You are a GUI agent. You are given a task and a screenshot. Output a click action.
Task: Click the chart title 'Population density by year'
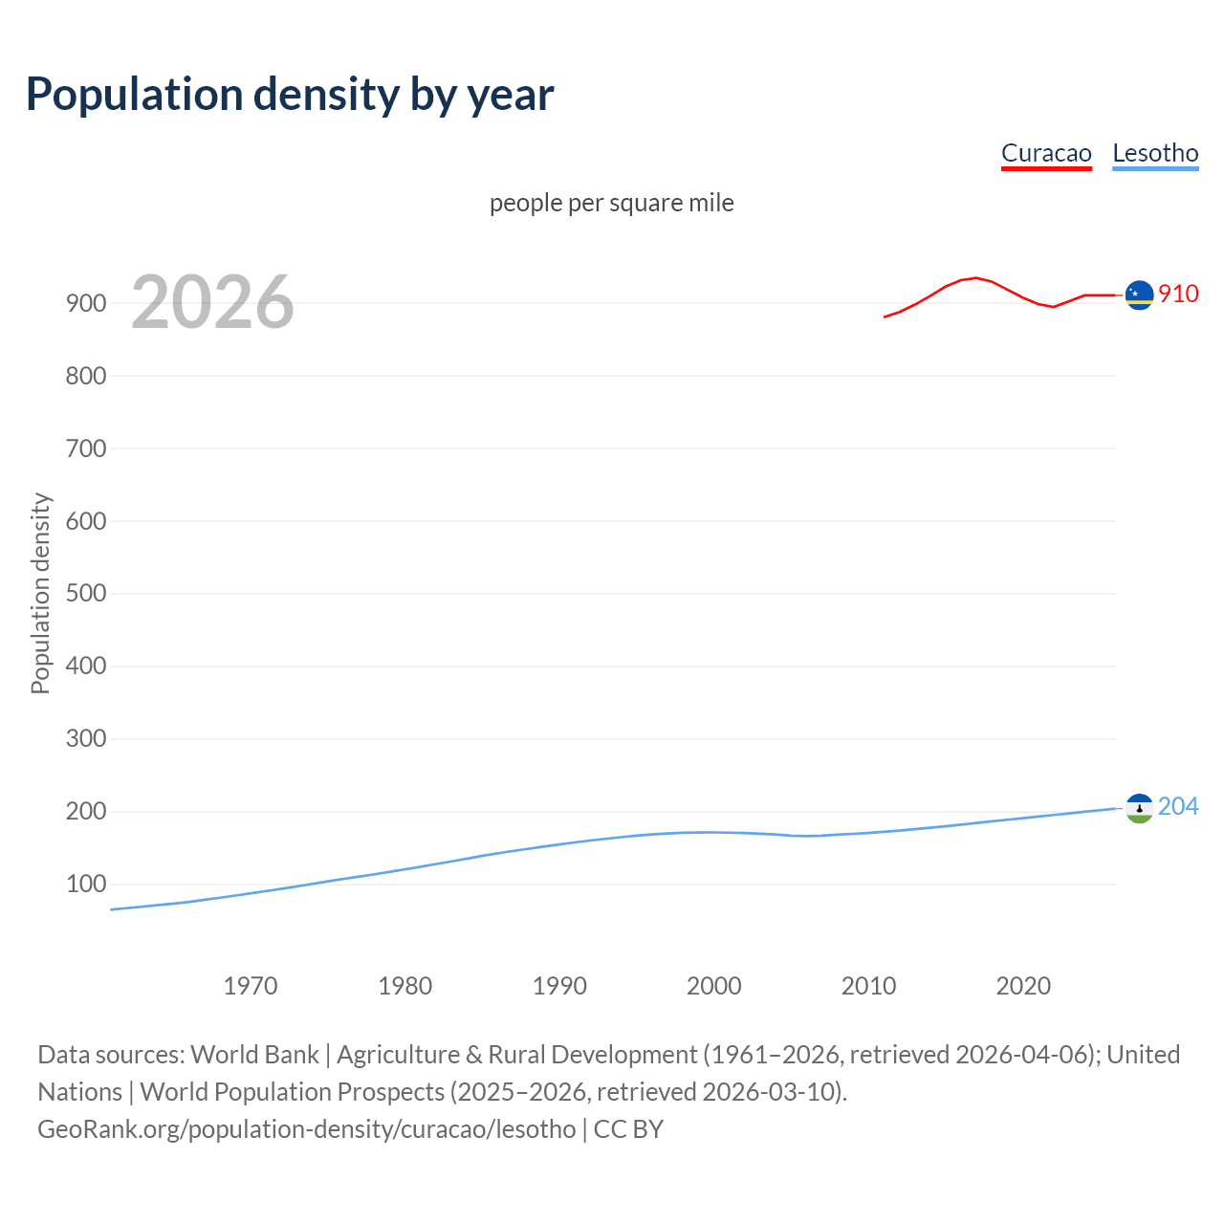pyautogui.click(x=290, y=95)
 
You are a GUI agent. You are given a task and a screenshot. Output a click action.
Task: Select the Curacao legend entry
pyautogui.click(x=1046, y=154)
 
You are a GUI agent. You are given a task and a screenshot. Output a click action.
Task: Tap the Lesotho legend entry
pyautogui.click(x=1155, y=154)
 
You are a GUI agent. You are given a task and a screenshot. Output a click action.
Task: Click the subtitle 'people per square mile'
pyautogui.click(x=612, y=204)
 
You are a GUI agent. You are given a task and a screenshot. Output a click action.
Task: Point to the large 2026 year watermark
pyautogui.click(x=212, y=303)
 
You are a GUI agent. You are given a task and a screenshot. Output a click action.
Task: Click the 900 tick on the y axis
pyautogui.click(x=86, y=303)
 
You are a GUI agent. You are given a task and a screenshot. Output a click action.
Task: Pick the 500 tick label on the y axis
pyautogui.click(x=86, y=594)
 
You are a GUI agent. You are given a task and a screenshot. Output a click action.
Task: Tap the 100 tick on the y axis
pyautogui.click(x=86, y=885)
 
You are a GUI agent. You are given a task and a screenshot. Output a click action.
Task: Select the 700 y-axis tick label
pyautogui.click(x=86, y=448)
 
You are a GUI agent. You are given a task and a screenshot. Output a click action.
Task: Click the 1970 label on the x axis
pyautogui.click(x=251, y=986)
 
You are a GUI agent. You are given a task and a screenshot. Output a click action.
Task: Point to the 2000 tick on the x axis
pyautogui.click(x=714, y=986)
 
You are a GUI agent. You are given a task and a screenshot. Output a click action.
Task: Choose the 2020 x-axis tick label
pyautogui.click(x=1023, y=986)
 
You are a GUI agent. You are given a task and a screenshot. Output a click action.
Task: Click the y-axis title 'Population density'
pyautogui.click(x=40, y=593)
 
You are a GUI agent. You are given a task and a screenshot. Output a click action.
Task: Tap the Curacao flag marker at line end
pyautogui.click(x=1139, y=295)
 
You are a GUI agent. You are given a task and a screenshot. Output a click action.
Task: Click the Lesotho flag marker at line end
pyautogui.click(x=1139, y=808)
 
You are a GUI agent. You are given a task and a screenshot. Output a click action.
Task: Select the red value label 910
pyautogui.click(x=1178, y=295)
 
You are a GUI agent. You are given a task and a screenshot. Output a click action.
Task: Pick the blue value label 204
pyautogui.click(x=1178, y=807)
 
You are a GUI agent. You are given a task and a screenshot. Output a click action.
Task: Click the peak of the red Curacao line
pyautogui.click(x=974, y=278)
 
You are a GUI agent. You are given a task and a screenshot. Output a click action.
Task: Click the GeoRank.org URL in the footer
pyautogui.click(x=307, y=1129)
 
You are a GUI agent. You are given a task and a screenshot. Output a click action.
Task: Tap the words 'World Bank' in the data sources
pyautogui.click(x=254, y=1055)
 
